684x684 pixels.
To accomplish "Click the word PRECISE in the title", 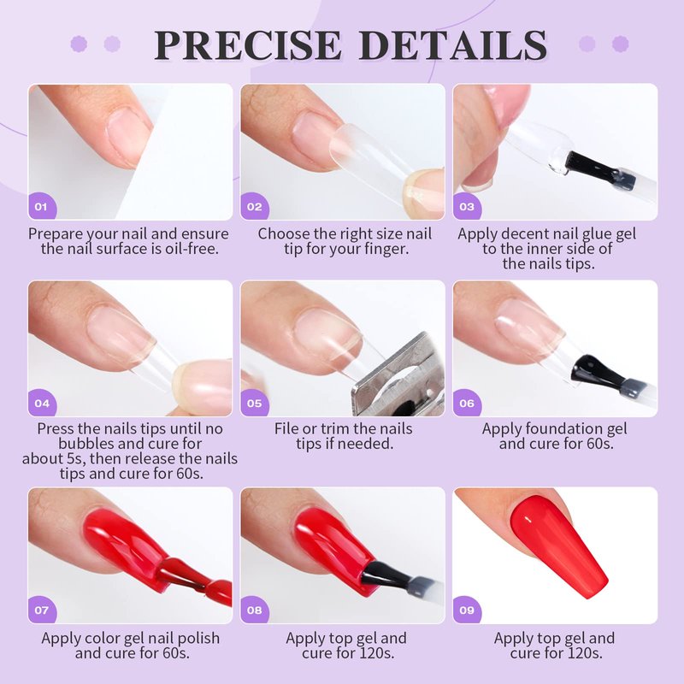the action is [247, 45].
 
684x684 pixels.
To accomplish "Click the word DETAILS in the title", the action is [452, 45].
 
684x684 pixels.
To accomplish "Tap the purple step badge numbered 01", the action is [42, 206].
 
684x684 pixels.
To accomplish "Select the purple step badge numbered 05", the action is [254, 403].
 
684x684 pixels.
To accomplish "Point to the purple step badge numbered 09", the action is [467, 610].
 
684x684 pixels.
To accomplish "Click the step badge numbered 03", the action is [467, 206].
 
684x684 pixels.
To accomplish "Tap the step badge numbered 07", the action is [42, 610].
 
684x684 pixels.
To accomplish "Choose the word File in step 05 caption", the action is [285, 429].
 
